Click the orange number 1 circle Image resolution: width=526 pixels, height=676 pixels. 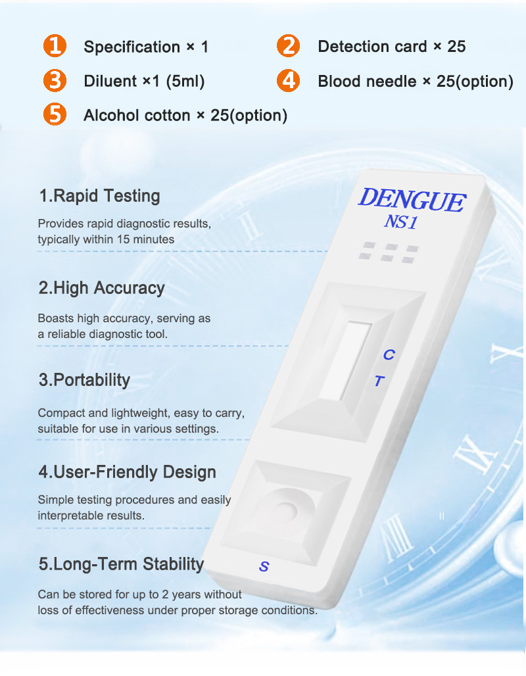click(55, 46)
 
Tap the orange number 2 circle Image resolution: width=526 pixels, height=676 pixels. click(288, 46)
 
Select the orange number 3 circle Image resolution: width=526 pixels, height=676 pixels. click(55, 81)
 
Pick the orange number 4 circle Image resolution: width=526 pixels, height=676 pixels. click(288, 81)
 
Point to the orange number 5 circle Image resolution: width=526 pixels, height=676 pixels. click(55, 115)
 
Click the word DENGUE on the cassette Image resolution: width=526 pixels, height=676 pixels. click(412, 200)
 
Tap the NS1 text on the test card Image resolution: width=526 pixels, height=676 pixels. click(400, 222)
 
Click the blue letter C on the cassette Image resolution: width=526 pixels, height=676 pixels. click(389, 355)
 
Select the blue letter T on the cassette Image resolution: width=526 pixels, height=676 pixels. click(379, 381)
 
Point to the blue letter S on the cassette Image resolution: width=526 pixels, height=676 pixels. click(264, 566)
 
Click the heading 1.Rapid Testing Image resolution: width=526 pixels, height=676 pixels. click(99, 196)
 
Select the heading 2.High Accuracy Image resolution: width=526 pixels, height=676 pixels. click(101, 288)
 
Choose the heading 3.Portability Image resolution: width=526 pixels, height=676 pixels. click(84, 380)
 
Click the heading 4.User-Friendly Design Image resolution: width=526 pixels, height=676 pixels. click(127, 472)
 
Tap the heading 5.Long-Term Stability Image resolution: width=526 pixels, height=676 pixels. click(121, 564)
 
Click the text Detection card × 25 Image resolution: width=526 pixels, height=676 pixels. click(391, 47)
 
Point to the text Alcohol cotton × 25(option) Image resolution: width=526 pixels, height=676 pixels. click(185, 116)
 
